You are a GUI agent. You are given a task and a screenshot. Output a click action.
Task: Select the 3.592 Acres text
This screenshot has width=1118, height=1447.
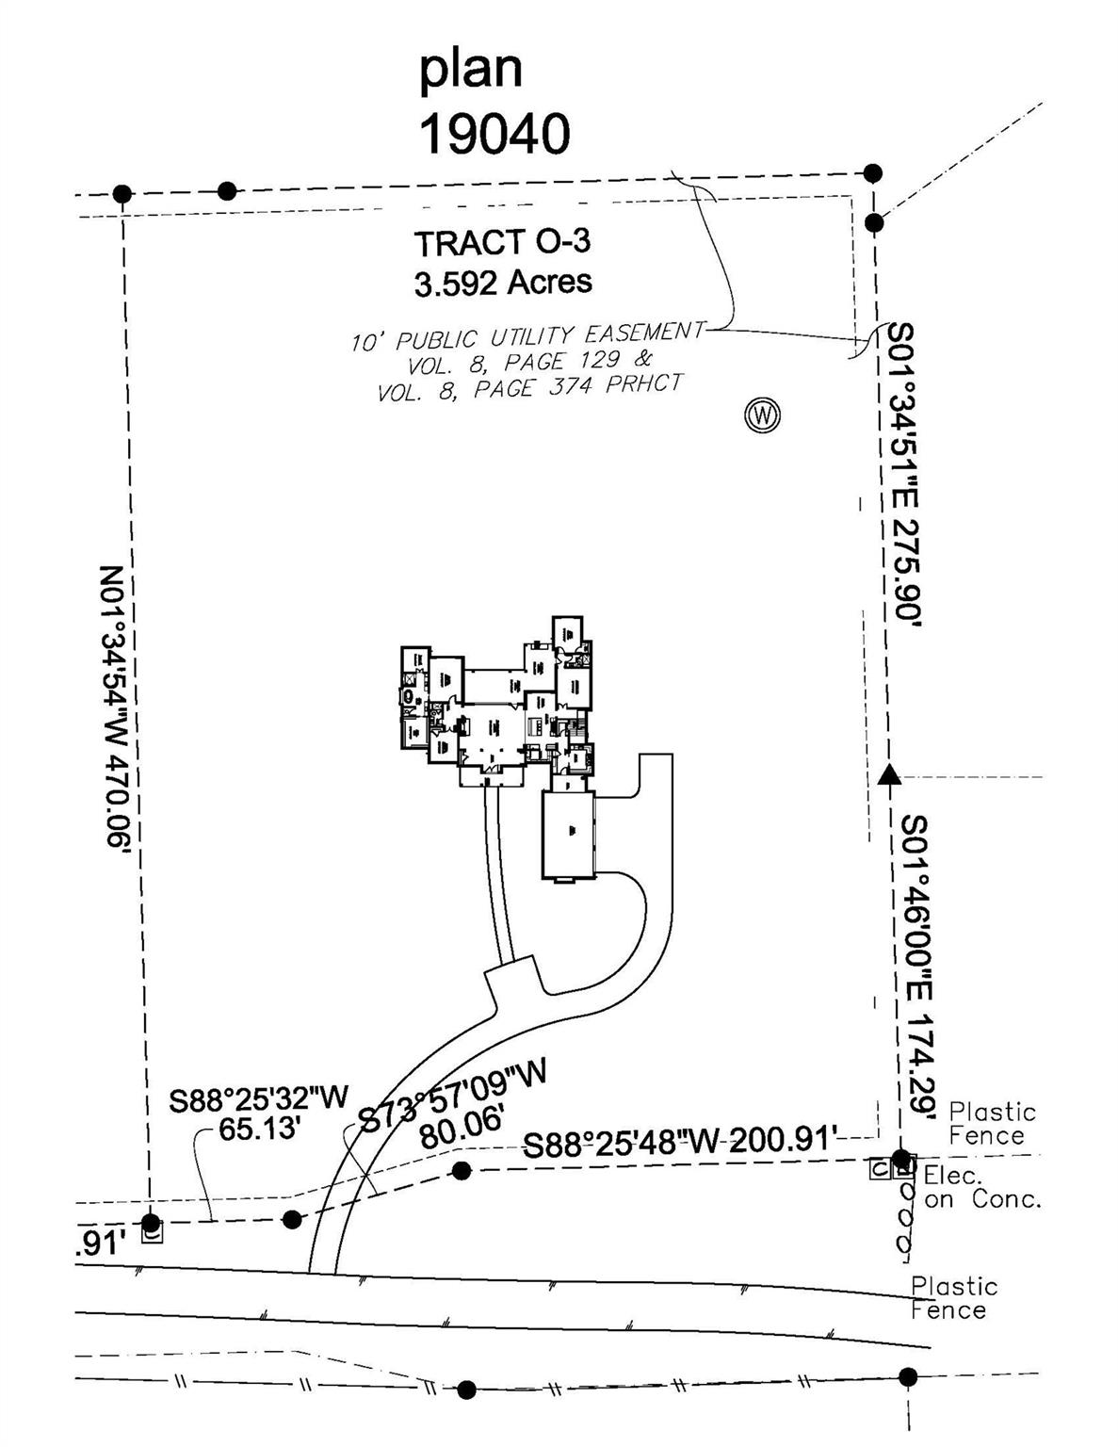point(503,282)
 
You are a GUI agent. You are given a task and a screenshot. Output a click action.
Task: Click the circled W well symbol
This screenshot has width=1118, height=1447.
point(762,415)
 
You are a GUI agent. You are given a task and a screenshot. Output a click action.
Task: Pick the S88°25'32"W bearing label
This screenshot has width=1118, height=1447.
point(259,1098)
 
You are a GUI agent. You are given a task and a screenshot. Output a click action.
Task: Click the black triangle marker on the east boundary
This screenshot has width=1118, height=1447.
point(888,774)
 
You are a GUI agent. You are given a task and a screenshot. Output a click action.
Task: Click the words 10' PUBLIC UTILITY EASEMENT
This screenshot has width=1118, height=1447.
point(527,336)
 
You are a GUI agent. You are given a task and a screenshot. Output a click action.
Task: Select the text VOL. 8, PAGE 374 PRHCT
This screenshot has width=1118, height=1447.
point(529,387)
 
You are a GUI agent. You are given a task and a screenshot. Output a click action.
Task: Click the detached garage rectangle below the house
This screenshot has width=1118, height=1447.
point(569,835)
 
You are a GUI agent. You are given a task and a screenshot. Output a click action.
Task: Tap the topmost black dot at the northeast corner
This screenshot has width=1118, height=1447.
point(873,172)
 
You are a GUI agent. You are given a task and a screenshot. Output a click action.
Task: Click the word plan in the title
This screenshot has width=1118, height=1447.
point(470,69)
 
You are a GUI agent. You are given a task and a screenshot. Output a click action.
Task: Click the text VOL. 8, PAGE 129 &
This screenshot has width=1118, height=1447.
point(529,362)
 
